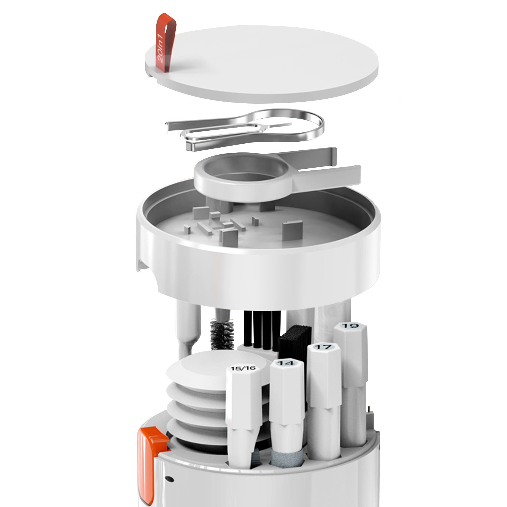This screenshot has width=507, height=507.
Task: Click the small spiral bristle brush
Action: pyautogui.click(x=222, y=330)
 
